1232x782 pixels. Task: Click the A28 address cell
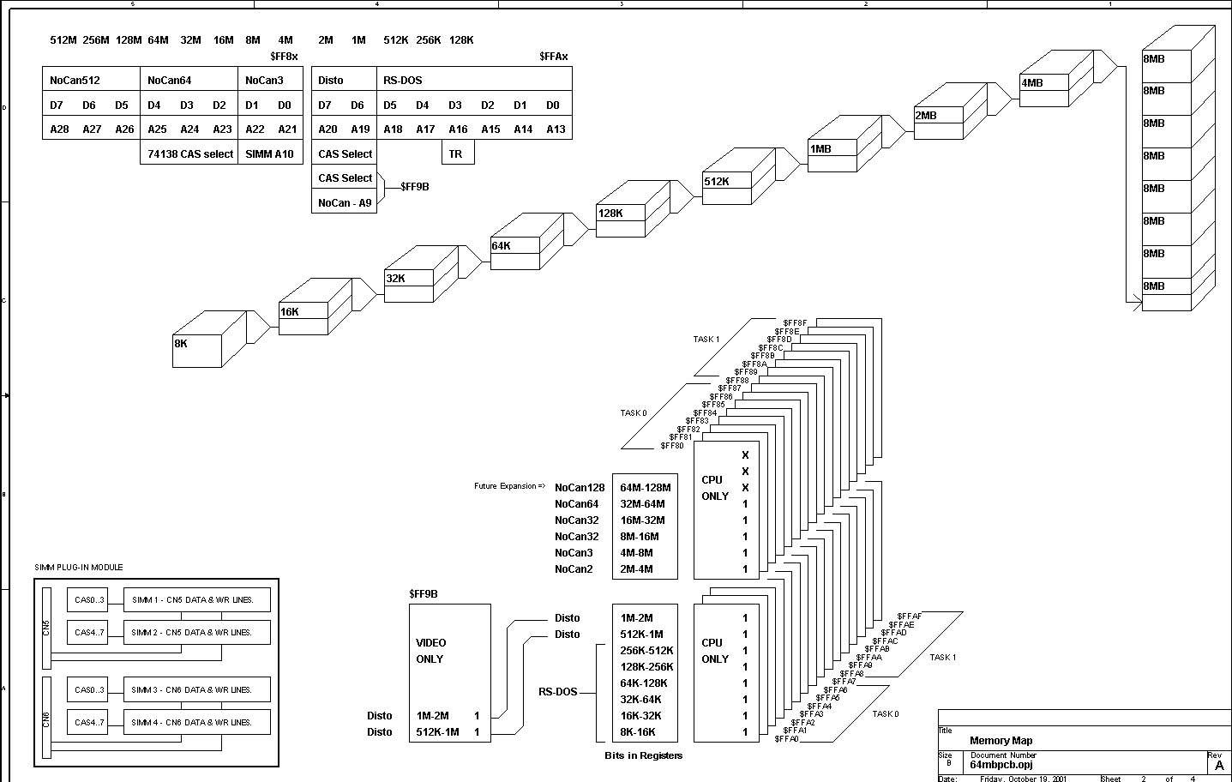pyautogui.click(x=59, y=129)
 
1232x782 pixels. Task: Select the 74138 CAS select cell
pyautogui.click(x=189, y=154)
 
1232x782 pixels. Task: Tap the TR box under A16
pyautogui.click(x=456, y=154)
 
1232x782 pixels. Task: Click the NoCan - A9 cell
pyautogui.click(x=345, y=203)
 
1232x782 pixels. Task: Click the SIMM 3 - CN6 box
pyautogui.click(x=197, y=690)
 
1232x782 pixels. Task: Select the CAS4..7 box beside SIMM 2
pyautogui.click(x=89, y=633)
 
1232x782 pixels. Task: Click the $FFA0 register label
pyautogui.click(x=786, y=739)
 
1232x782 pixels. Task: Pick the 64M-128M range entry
pyautogui.click(x=645, y=488)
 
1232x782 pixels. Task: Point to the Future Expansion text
pyautogui.click(x=509, y=486)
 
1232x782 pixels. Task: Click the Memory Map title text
pyautogui.click(x=1001, y=741)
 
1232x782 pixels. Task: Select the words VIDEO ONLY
pyautogui.click(x=430, y=651)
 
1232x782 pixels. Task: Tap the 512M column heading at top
pyautogui.click(x=63, y=40)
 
